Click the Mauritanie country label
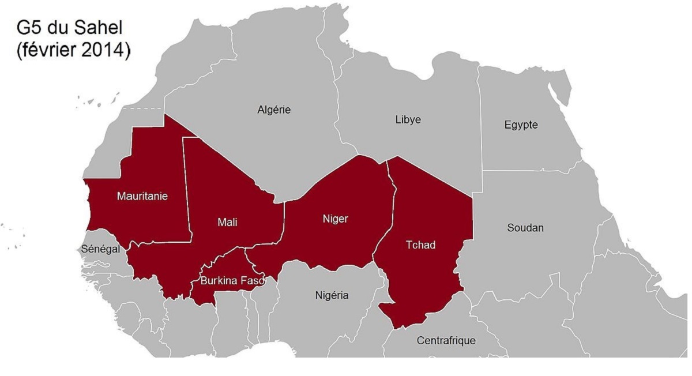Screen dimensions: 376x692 point(142,196)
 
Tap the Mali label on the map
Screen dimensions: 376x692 point(227,222)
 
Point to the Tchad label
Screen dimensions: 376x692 point(420,245)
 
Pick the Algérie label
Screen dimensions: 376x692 point(274,110)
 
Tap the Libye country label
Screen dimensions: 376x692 point(408,119)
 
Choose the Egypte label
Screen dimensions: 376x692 point(521,125)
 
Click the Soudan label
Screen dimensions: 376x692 point(525,228)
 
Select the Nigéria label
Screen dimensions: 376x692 point(332,295)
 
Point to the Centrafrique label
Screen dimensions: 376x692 point(446,340)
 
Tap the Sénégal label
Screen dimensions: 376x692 point(100,249)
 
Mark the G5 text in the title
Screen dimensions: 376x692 point(28,27)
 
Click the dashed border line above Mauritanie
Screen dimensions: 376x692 point(144,108)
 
